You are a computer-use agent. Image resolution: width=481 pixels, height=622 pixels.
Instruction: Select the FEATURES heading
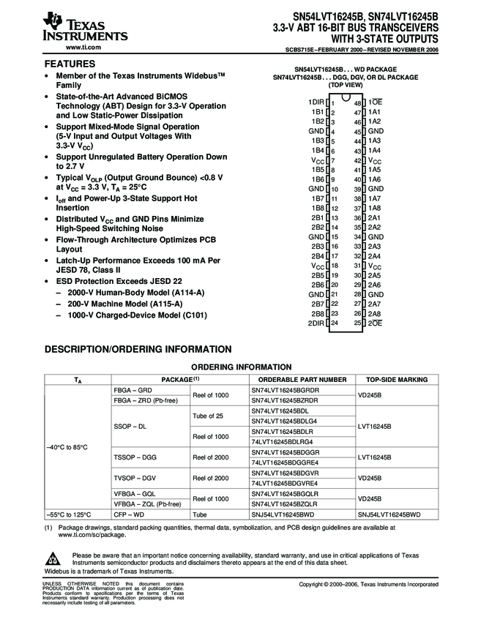[70, 64]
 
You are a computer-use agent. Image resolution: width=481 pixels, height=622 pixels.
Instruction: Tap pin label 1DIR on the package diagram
[316, 102]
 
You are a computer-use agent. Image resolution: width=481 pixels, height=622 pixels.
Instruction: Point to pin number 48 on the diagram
[357, 103]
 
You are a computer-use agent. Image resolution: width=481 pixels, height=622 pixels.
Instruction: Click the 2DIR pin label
[316, 323]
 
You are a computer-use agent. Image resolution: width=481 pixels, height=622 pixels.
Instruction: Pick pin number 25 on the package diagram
[357, 323]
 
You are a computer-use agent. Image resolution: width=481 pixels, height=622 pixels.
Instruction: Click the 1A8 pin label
[374, 208]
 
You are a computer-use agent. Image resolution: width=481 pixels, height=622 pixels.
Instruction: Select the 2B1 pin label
[317, 217]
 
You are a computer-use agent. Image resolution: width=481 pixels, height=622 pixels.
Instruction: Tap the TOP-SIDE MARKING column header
[396, 380]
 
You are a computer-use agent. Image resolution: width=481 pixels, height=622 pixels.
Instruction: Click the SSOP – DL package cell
[131, 425]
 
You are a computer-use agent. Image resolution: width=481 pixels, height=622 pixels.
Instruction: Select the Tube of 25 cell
[208, 416]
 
